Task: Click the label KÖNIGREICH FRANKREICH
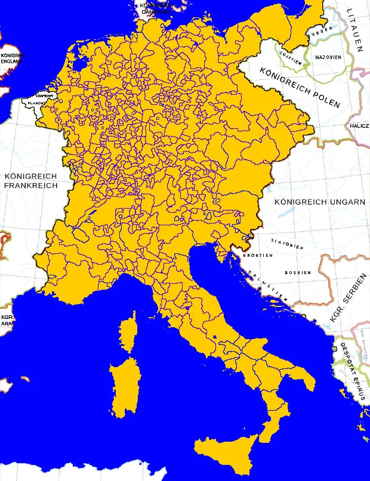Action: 30,181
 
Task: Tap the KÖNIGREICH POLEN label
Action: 300,86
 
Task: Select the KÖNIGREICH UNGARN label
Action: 319,202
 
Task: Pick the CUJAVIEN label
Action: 289,57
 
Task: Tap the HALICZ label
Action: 359,126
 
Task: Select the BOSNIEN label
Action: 297,272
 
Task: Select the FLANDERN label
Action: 36,103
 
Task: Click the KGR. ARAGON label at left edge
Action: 7,320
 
